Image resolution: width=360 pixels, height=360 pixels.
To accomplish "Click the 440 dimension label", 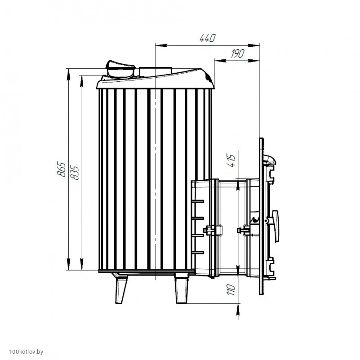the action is tap(208, 38).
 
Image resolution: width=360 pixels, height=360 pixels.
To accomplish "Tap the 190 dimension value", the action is tap(238, 53).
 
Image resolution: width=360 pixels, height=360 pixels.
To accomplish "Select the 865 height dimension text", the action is tap(61, 169).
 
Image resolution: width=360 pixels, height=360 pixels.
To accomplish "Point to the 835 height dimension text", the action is tap(75, 173).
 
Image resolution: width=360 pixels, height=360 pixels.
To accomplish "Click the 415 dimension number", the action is tap(231, 161).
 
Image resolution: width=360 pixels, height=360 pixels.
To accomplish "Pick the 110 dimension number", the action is tap(231, 290).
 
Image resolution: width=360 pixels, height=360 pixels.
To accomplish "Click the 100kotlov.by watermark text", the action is tap(26, 352).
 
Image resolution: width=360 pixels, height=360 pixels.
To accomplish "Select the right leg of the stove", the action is tap(182, 289).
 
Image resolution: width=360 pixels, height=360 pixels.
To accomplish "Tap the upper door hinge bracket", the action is tap(271, 175).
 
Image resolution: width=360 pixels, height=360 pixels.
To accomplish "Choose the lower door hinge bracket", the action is tap(271, 267).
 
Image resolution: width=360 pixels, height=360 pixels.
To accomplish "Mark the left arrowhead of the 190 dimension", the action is tap(220, 60).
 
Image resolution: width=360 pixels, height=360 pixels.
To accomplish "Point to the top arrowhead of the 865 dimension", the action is tap(68, 75).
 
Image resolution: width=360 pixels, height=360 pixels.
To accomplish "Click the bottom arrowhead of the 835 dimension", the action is tap(81, 264).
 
